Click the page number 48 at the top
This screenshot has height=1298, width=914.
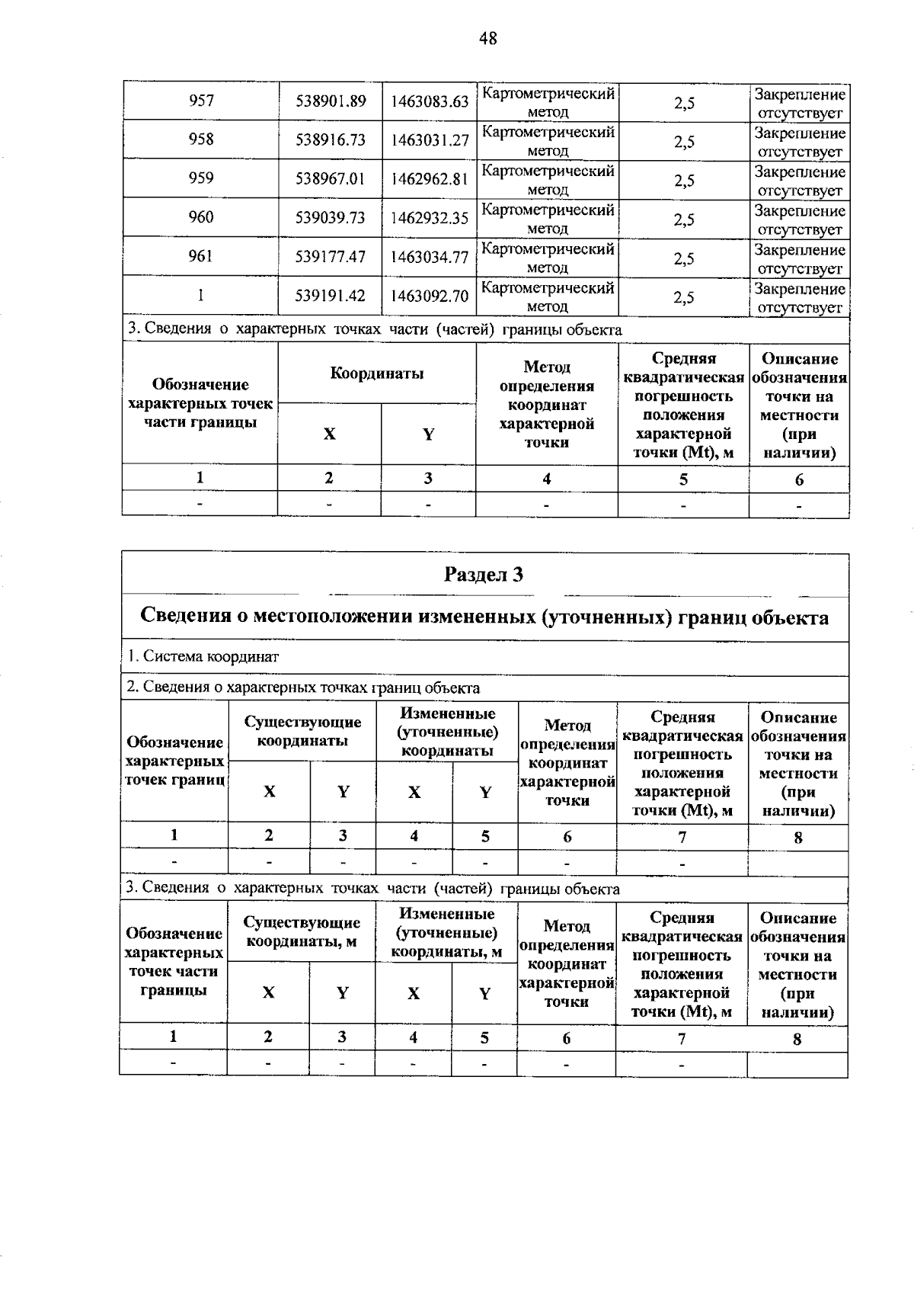click(488, 38)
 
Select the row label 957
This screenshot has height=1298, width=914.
click(201, 101)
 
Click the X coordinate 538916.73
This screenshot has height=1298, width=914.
click(331, 140)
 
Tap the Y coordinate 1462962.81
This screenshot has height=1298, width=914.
click(430, 179)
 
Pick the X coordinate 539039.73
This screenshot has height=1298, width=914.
click(331, 218)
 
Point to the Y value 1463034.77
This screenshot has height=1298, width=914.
click(430, 257)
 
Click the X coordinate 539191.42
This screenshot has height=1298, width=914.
click(331, 296)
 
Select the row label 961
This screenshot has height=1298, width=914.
click(201, 256)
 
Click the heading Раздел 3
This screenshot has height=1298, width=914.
click(484, 574)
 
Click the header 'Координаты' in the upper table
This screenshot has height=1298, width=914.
click(377, 373)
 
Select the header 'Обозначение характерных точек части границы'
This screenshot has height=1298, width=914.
click(200, 403)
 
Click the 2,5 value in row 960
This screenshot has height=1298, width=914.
click(684, 219)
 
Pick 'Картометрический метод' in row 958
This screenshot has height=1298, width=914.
click(548, 141)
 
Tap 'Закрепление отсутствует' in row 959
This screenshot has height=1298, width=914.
click(800, 181)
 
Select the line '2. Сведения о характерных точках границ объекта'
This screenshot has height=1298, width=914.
click(303, 688)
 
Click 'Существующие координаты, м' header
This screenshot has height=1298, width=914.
click(302, 931)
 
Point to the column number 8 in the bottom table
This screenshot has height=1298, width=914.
click(797, 1038)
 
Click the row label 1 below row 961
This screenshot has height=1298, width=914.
click(201, 296)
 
